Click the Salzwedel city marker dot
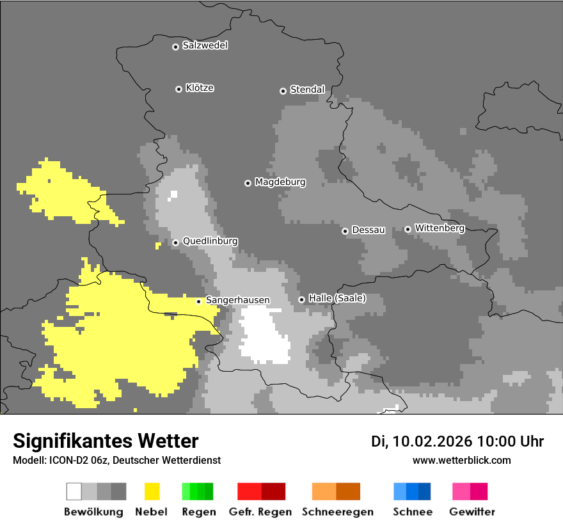click(x=175, y=47)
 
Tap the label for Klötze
click(x=200, y=88)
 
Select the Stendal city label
click(x=307, y=90)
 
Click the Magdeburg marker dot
click(x=248, y=183)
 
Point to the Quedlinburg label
click(x=210, y=241)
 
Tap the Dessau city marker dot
click(x=345, y=231)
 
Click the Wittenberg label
click(x=440, y=228)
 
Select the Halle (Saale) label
click(x=337, y=298)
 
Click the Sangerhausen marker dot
click(x=198, y=301)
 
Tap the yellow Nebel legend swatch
click(x=152, y=491)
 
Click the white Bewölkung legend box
click(x=74, y=491)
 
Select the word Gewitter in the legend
click(x=472, y=512)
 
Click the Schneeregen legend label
click(x=337, y=512)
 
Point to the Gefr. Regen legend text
click(x=260, y=512)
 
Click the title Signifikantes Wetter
click(x=106, y=441)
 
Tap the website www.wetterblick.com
click(x=461, y=460)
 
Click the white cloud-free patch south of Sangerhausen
click(x=264, y=336)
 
